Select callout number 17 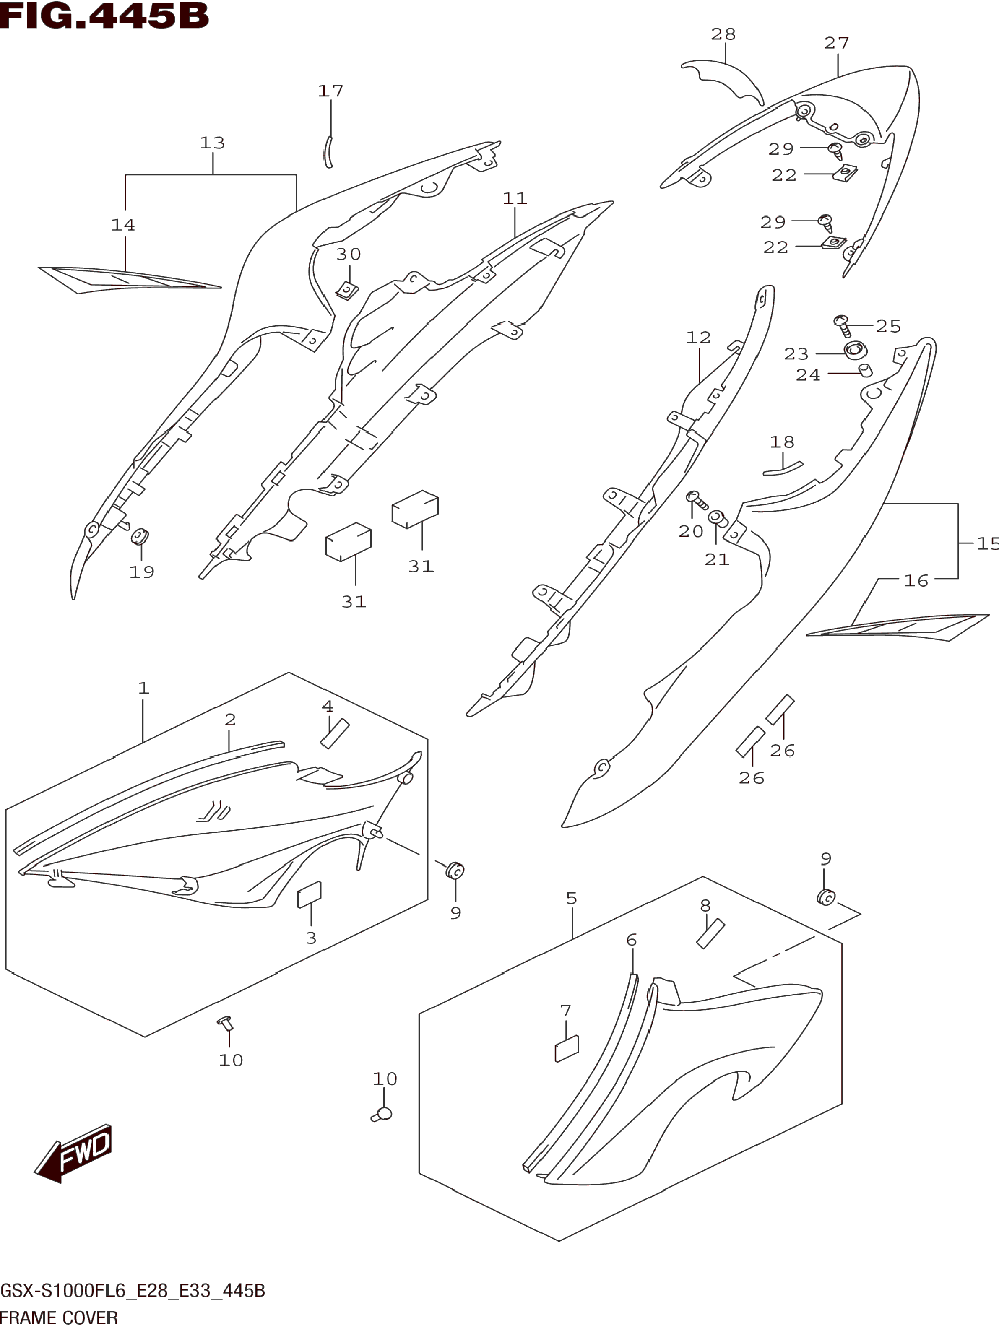[330, 91]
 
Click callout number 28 [723, 34]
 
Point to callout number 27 [836, 43]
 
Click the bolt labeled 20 [697, 498]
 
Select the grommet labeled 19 [140, 535]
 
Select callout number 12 [698, 338]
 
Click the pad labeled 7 [567, 1049]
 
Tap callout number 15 [987, 543]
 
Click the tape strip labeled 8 [711, 933]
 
